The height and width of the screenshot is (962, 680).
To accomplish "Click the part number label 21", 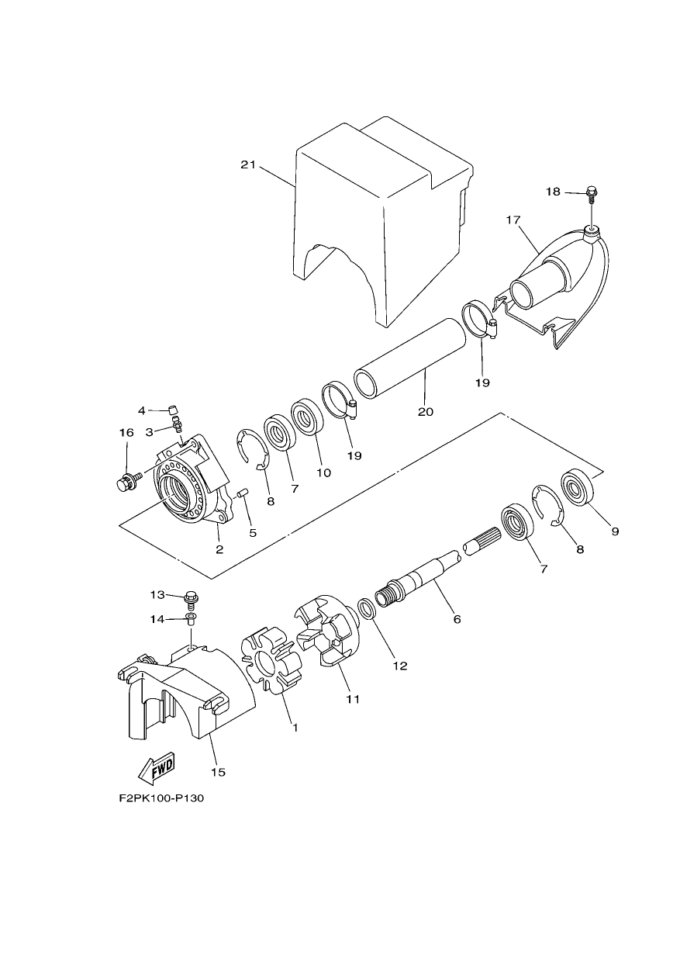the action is coord(247,164).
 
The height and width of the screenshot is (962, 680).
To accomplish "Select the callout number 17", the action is coord(513,220).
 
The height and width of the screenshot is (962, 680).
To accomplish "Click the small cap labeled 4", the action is coord(174,407).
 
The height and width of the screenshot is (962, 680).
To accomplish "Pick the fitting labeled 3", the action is coord(177,423).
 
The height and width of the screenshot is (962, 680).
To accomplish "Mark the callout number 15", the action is coord(218,772).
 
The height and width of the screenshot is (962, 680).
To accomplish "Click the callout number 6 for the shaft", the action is coord(457,619).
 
